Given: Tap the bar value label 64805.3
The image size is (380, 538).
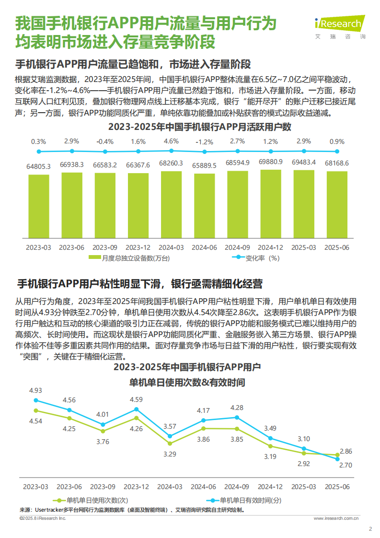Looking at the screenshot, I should tap(38, 166).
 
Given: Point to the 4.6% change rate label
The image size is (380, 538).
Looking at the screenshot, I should tap(171, 141).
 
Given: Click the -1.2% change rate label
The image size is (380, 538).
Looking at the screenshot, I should tap(204, 141).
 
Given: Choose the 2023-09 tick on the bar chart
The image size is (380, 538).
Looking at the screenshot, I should tap(104, 248).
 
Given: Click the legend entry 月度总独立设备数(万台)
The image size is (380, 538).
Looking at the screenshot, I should tap(129, 258).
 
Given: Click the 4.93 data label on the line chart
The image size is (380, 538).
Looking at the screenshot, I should tap(36, 391).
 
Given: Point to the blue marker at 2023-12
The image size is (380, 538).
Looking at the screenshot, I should tap(136, 409).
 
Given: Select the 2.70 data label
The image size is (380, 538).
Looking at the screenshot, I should tap(345, 465).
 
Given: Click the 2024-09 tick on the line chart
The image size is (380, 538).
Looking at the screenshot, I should tap(237, 486).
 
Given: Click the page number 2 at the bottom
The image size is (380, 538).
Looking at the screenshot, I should tap(369, 529).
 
